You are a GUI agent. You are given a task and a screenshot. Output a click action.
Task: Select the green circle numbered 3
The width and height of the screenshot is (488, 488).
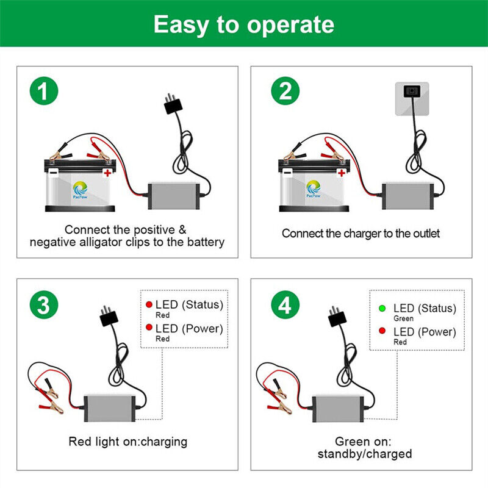[43, 305]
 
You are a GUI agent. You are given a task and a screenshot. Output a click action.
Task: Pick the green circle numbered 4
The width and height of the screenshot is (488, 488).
[285, 305]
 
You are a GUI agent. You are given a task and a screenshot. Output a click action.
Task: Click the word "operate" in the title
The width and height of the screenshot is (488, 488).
[290, 24]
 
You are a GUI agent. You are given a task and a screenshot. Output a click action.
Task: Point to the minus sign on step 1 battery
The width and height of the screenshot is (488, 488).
[54, 173]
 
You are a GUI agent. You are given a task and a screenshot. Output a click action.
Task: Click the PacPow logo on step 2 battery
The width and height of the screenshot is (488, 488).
[314, 187]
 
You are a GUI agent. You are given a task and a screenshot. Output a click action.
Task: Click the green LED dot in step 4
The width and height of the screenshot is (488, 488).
[382, 308]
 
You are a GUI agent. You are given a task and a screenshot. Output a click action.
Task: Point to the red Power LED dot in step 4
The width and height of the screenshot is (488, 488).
[382, 331]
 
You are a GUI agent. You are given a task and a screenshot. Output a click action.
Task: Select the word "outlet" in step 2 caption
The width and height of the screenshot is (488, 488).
[423, 234]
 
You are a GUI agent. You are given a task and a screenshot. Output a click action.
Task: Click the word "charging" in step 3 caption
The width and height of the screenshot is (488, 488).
[164, 441]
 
